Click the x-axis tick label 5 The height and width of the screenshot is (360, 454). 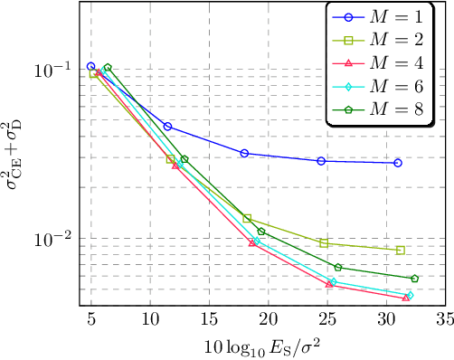[x=91, y=320]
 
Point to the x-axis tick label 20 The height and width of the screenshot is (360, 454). [x=268, y=320]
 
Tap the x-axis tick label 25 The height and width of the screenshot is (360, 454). [x=326, y=320]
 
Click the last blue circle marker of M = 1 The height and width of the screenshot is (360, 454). [x=398, y=163]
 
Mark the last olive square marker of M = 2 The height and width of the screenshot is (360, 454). [x=400, y=251]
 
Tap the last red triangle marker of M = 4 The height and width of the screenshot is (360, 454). [x=405, y=298]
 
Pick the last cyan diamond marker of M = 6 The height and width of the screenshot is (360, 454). [x=410, y=295]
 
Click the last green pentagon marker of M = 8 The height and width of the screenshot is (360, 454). [x=414, y=279]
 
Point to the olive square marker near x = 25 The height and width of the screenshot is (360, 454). [x=324, y=243]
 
